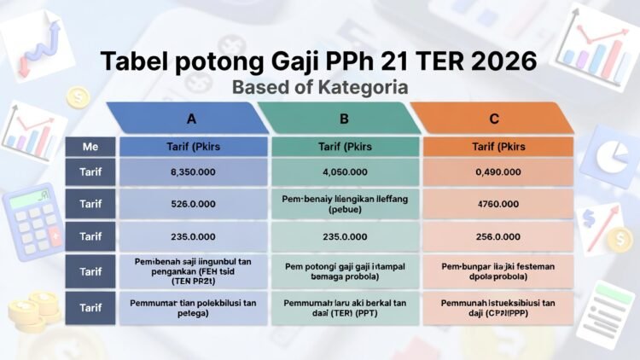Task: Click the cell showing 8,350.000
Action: (x=195, y=172)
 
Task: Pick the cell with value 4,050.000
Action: (x=346, y=172)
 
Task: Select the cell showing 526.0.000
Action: (x=195, y=204)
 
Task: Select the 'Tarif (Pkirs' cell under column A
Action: (x=195, y=147)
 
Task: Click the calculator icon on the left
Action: (x=33, y=220)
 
